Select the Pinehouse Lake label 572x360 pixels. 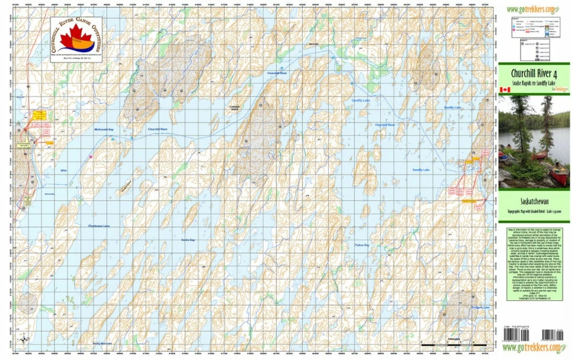tap(99, 226)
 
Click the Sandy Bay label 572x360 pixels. tap(188, 238)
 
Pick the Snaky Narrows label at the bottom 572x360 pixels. tap(102, 343)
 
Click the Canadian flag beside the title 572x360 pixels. tap(505, 89)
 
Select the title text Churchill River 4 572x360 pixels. tap(535, 73)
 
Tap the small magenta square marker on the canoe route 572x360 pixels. tap(90, 156)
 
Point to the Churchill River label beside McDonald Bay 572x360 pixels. tap(158, 129)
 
